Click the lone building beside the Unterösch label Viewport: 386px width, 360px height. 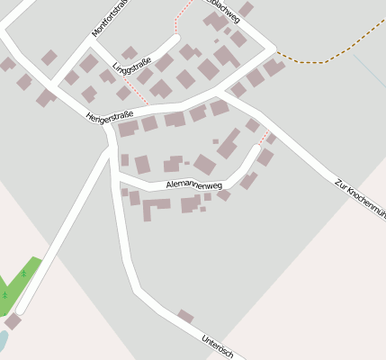pyautogui.click(x=185, y=317)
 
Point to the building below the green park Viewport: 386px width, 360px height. pyautogui.click(x=13, y=321)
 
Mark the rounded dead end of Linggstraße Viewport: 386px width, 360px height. pyautogui.click(x=175, y=40)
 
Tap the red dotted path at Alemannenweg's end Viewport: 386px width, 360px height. pyautogui.click(x=264, y=137)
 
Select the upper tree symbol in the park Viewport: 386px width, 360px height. pyautogui.click(x=24, y=274)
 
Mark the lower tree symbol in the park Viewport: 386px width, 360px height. pyautogui.click(x=4, y=294)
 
